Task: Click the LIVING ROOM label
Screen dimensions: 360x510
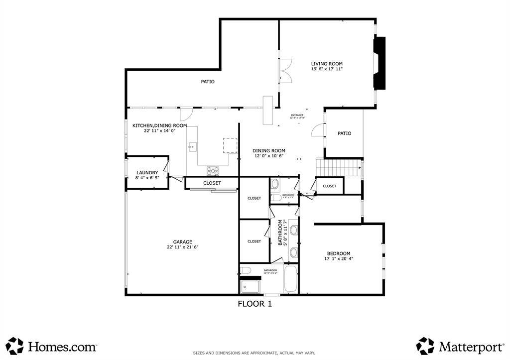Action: pyautogui.click(x=327, y=64)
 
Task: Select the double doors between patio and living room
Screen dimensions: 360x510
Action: pyautogui.click(x=284, y=71)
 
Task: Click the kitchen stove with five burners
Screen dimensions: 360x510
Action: pyautogui.click(x=213, y=171)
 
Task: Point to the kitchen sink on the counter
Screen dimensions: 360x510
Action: pyautogui.click(x=193, y=146)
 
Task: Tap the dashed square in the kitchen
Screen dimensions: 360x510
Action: pyautogui.click(x=230, y=145)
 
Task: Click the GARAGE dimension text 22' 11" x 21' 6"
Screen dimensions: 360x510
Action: pyautogui.click(x=183, y=247)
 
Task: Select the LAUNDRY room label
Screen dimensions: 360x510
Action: pyautogui.click(x=147, y=173)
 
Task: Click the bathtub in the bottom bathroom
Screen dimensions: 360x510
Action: pyautogui.click(x=290, y=279)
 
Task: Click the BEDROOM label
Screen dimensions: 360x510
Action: pyautogui.click(x=338, y=253)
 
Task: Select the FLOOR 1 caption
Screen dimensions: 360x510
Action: pyautogui.click(x=255, y=304)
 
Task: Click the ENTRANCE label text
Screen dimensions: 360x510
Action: pyautogui.click(x=297, y=115)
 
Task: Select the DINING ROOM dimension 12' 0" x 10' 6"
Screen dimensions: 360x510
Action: pyautogui.click(x=268, y=156)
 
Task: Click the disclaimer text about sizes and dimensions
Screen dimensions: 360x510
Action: pyautogui.click(x=254, y=353)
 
